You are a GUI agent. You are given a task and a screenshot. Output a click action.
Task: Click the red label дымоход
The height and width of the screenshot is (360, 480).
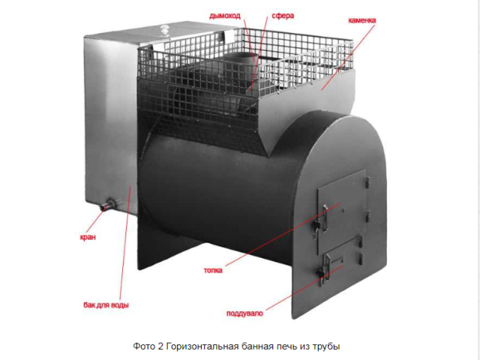(x=225, y=16)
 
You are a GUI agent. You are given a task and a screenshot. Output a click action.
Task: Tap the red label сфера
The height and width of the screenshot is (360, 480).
(x=283, y=16)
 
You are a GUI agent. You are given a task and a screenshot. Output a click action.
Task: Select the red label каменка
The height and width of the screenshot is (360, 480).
(x=362, y=20)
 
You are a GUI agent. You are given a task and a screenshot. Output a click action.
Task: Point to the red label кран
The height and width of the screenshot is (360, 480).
(x=88, y=237)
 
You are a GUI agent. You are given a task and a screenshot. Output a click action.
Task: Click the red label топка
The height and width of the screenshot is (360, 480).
(x=213, y=270)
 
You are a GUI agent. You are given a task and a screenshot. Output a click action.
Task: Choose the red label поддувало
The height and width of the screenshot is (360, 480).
(x=244, y=313)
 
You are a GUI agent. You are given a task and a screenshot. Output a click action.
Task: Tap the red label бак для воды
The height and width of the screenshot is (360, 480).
(x=106, y=305)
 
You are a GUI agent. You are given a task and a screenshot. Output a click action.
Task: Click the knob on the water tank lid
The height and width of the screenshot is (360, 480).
(x=165, y=30)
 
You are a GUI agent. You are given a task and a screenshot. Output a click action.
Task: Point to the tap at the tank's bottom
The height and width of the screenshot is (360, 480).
(x=108, y=205)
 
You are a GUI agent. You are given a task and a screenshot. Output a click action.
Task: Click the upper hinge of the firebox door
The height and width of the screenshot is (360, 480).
(x=367, y=182)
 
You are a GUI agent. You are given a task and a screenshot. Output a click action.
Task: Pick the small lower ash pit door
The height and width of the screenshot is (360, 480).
(x=343, y=260)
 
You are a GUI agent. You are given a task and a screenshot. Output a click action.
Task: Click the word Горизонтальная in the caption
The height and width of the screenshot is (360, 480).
(x=202, y=346)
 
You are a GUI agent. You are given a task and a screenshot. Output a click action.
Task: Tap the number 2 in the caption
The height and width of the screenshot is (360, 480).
(x=160, y=346)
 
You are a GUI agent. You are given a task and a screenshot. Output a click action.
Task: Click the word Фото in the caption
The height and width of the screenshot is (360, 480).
(x=144, y=346)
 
